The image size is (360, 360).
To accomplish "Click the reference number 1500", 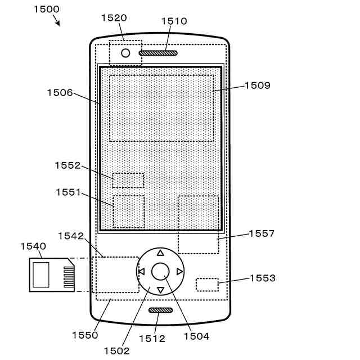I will (x=46, y=9).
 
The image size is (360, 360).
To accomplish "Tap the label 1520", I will (x=114, y=18).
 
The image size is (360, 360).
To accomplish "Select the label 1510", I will (x=174, y=21).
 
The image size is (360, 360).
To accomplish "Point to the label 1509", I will (x=257, y=86).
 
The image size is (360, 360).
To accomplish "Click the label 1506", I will (x=60, y=93).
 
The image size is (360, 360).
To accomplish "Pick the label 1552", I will (x=68, y=165).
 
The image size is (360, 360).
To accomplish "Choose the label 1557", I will (x=262, y=233).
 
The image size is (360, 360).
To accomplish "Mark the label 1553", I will (x=263, y=278).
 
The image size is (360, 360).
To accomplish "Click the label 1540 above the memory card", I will (x=33, y=246).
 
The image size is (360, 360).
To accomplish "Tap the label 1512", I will (x=152, y=339).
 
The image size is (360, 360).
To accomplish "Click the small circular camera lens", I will (x=125, y=53).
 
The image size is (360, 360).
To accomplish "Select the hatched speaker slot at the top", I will (x=158, y=53).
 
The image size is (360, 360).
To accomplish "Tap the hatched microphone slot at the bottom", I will (x=160, y=310).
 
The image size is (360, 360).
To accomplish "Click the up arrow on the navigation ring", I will (x=160, y=253).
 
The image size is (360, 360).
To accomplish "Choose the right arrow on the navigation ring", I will (x=179, y=272).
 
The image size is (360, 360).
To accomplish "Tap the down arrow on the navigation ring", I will (x=160, y=290).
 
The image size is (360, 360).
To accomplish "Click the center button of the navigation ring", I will (x=160, y=271).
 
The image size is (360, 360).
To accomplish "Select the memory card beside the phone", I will (x=52, y=275).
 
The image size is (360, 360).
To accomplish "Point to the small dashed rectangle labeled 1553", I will (x=207, y=284).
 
